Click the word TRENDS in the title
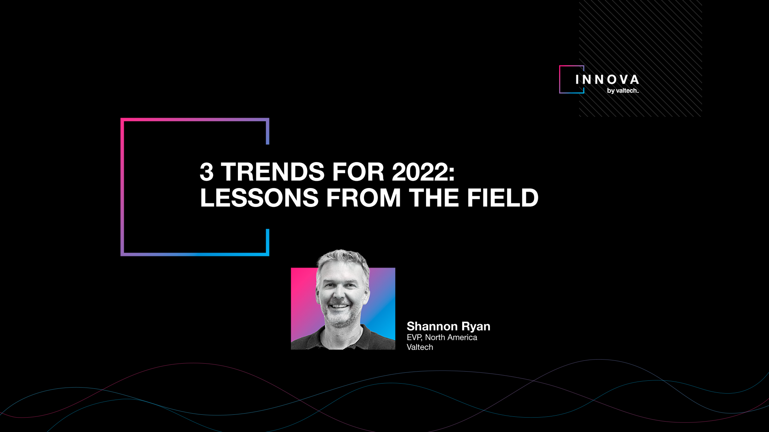273,172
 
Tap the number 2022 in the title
423,172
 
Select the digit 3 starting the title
207,172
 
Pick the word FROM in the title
364,198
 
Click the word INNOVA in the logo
607,80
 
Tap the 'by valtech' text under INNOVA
623,91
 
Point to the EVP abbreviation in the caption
414,338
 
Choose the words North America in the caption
451,337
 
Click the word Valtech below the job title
420,347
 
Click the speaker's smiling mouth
339,306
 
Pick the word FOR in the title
358,172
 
